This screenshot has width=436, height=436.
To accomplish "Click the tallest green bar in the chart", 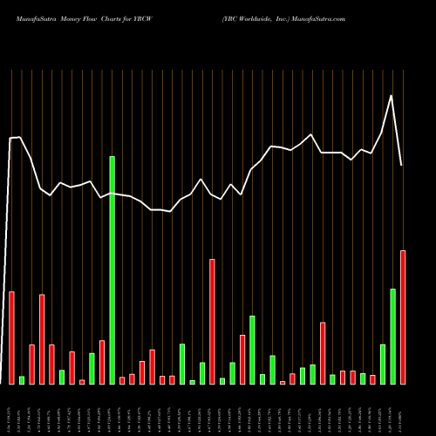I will click(x=112, y=270).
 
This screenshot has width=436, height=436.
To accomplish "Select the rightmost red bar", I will click(x=403, y=317).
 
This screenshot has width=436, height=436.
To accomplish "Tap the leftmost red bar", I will click(x=12, y=337).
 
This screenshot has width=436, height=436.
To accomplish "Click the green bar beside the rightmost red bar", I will click(x=392, y=336).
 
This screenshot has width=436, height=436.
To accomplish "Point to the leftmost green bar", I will click(x=22, y=379).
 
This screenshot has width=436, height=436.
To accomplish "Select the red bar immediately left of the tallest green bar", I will click(x=102, y=362).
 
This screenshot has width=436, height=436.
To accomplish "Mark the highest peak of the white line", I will click(x=392, y=95).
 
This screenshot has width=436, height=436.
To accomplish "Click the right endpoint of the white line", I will click(x=402, y=165).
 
